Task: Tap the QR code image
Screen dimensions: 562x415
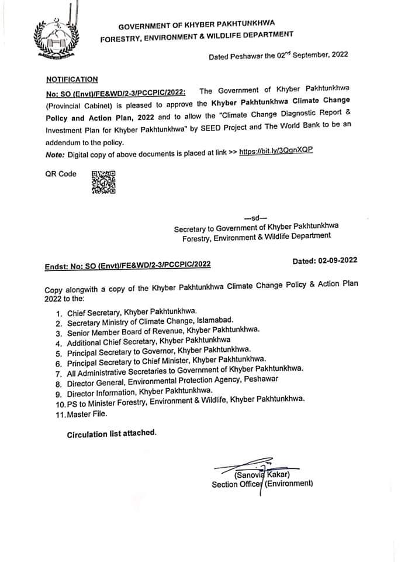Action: pyautogui.click(x=103, y=181)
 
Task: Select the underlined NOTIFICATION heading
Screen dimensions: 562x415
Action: pyautogui.click(x=72, y=79)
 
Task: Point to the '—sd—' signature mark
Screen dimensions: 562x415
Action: pyautogui.click(x=255, y=216)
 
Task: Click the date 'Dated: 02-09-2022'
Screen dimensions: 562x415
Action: pyautogui.click(x=325, y=260)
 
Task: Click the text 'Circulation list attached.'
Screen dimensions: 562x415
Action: pyautogui.click(x=112, y=434)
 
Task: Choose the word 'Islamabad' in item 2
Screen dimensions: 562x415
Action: pyautogui.click(x=215, y=321)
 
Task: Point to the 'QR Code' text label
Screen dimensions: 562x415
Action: pyautogui.click(x=61, y=174)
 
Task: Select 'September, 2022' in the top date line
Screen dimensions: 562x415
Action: pyautogui.click(x=317, y=54)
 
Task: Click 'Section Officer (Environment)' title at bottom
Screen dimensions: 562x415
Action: pyautogui.click(x=262, y=484)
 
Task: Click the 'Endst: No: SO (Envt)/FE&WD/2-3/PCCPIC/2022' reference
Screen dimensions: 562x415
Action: pyautogui.click(x=128, y=265)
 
